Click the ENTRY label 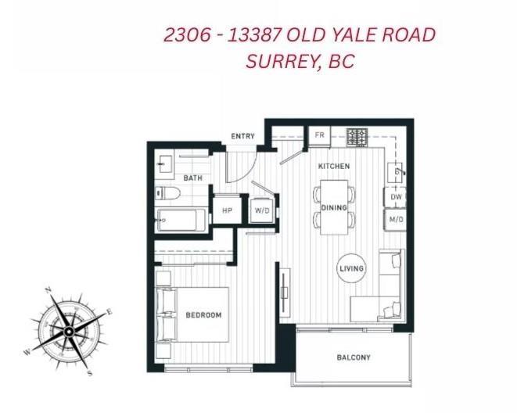pyautogui.click(x=242, y=136)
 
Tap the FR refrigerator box pyautogui.click(x=319, y=135)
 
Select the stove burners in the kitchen pyautogui.click(x=357, y=137)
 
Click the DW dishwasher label pyautogui.click(x=397, y=198)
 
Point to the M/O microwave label pyautogui.click(x=397, y=221)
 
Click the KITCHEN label pyautogui.click(x=334, y=167)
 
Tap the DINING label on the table pyautogui.click(x=334, y=208)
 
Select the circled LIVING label pyautogui.click(x=351, y=269)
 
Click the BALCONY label pyautogui.click(x=354, y=357)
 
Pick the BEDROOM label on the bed pyautogui.click(x=203, y=315)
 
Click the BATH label pyautogui.click(x=192, y=178)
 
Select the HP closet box pyautogui.click(x=227, y=210)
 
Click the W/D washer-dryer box pyautogui.click(x=261, y=210)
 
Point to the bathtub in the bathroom pyautogui.click(x=181, y=221)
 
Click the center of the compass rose pyautogui.click(x=69, y=332)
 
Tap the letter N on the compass pyautogui.click(x=48, y=290)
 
